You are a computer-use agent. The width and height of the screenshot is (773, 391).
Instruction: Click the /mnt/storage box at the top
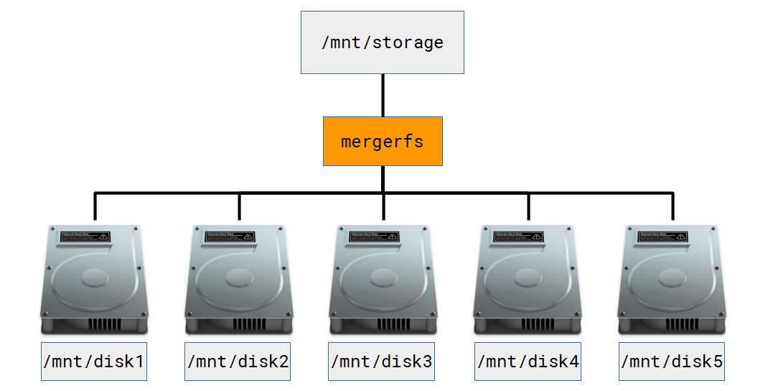[x=382, y=42]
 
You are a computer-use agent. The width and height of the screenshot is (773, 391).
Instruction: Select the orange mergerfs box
[x=382, y=141]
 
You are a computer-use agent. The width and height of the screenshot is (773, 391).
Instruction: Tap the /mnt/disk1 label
[x=94, y=362]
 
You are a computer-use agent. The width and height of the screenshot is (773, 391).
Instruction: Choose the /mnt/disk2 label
[x=238, y=362]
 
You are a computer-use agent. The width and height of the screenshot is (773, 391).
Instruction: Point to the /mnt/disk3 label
[x=382, y=362]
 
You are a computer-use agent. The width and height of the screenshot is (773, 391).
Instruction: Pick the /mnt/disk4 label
[x=528, y=362]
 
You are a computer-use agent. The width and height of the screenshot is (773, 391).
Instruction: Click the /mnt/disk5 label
[x=672, y=362]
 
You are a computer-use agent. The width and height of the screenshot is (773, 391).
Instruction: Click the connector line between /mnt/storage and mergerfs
[x=383, y=95]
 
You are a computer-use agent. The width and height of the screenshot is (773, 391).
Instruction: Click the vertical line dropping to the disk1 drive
[x=95, y=206]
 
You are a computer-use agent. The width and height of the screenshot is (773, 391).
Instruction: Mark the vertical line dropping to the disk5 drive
[x=673, y=206]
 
